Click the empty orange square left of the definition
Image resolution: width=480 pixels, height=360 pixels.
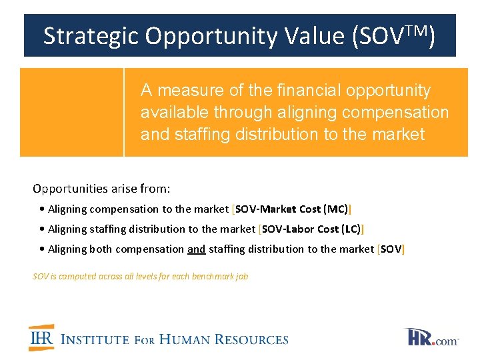pyautogui.click(x=71, y=112)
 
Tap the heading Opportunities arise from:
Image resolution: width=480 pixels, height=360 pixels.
pyautogui.click(x=101, y=189)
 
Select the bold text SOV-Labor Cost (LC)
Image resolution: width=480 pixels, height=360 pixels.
pyautogui.click(x=311, y=229)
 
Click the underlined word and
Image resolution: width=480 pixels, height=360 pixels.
pyautogui.click(x=196, y=249)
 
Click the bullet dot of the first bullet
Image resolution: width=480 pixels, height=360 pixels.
pyautogui.click(x=42, y=209)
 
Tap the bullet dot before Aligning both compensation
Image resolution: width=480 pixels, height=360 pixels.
pyautogui.click(x=42, y=249)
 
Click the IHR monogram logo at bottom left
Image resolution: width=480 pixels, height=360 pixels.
pyautogui.click(x=41, y=338)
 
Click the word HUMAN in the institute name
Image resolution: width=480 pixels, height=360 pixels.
pyautogui.click(x=192, y=339)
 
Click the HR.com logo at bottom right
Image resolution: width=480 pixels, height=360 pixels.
pyautogui.click(x=431, y=337)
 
